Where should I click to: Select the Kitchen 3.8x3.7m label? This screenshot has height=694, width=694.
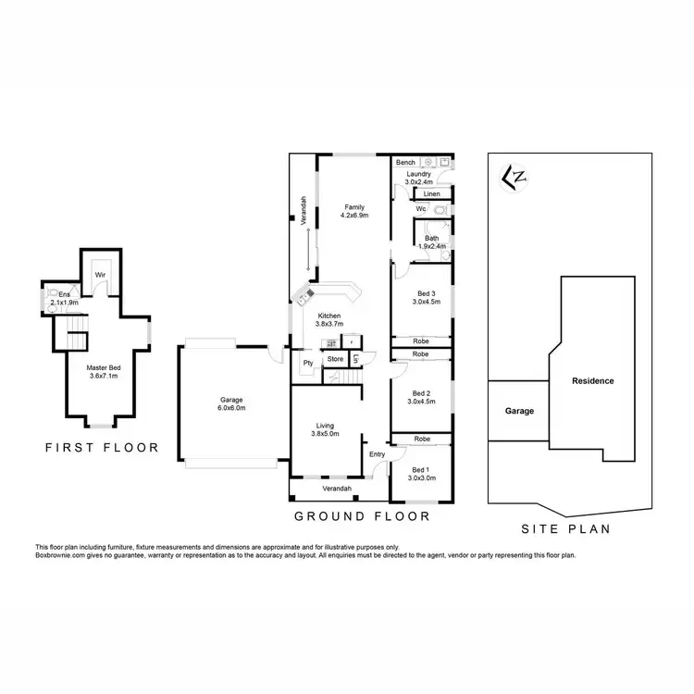tap(328, 320)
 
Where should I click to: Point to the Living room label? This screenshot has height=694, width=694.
tap(326, 428)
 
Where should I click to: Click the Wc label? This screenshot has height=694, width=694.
tap(420, 210)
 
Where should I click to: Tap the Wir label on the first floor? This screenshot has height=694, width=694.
tap(98, 275)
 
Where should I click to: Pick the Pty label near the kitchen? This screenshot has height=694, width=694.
tap(306, 363)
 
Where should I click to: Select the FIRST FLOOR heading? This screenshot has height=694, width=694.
tap(103, 448)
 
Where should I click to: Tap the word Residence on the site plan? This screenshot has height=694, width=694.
tap(593, 381)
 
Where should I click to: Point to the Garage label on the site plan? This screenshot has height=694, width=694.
tap(519, 410)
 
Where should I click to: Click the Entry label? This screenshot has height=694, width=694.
tap(377, 454)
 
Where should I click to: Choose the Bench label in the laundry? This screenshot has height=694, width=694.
tap(405, 163)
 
